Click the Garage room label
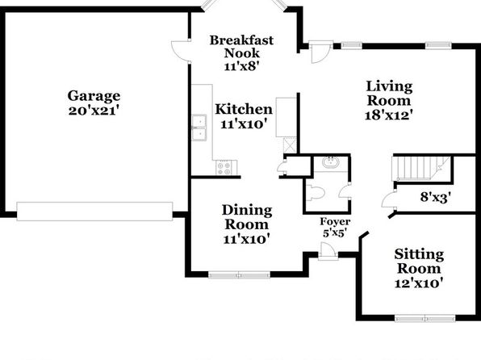pos(94,96)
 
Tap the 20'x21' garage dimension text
pos(94,110)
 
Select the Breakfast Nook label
pos(242,47)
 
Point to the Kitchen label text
pos(244,109)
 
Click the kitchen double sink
pos(199,128)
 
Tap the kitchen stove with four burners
pos(226,168)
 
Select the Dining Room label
pos(247,217)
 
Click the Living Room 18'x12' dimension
pos(388,115)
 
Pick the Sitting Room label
pos(419,262)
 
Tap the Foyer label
pos(335,222)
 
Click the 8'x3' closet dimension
pos(436,197)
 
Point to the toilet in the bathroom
pos(316,193)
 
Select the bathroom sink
pos(330,162)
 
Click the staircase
pos(421,168)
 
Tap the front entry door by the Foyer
pos(328,252)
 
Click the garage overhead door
pos(94,211)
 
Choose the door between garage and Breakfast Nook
pos(181,51)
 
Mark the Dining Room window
pos(239,274)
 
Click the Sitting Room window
pos(425,318)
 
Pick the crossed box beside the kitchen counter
pos(290,145)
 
